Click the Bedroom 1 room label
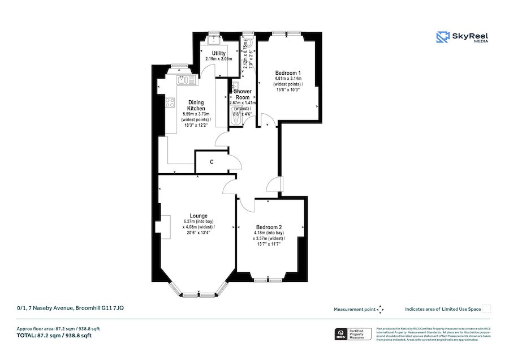[287, 73]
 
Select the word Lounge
[198, 216]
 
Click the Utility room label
[219, 53]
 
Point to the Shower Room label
[243, 94]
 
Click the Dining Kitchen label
[196, 105]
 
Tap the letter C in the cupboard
[212, 162]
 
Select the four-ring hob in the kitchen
[170, 102]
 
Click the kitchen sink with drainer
[185, 80]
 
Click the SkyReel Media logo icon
[442, 37]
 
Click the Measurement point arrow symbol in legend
[381, 309]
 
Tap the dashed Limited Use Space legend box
[487, 309]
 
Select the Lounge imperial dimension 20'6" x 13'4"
[198, 232]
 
